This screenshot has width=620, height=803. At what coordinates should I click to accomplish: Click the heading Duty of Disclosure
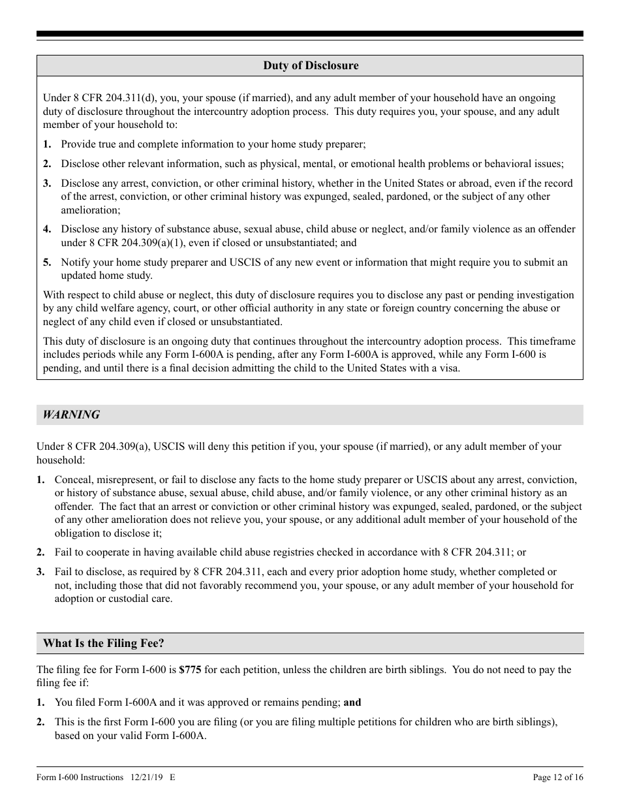pos(311,65)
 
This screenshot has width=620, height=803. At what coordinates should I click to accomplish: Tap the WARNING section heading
pos(71,415)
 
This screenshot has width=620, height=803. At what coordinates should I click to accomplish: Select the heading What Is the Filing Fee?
pos(103,643)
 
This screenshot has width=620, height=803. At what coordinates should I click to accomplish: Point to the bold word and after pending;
pos(352,702)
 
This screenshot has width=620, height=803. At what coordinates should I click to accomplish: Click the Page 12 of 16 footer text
pos(558,777)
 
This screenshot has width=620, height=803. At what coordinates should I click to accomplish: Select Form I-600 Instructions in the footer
pos(80,777)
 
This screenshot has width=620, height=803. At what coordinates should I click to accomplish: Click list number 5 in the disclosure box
pos(47,262)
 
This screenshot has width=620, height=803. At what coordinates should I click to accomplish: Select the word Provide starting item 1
pos(78,144)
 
